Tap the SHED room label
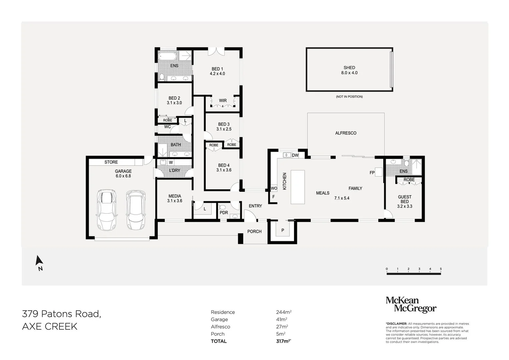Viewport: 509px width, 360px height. [349, 67]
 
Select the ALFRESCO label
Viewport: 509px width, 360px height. [346, 133]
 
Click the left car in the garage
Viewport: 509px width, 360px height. [107, 210]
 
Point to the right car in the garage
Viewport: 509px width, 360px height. [136, 210]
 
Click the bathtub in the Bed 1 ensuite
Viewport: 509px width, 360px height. [167, 56]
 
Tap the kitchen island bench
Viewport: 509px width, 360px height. [298, 187]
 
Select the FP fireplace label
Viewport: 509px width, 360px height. [372, 173]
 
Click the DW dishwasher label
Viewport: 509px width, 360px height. [295, 155]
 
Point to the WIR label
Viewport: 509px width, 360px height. [223, 100]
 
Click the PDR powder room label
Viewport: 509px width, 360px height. [224, 213]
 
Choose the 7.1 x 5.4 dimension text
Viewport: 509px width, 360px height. [342, 198]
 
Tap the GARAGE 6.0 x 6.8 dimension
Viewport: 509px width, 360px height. [123, 176]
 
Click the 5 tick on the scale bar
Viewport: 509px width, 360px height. [441, 269]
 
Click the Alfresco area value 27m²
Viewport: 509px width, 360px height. [282, 327]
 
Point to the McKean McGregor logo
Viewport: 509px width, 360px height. [411, 305]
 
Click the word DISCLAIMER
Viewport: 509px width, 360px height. [397, 324]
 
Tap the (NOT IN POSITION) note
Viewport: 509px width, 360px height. [349, 97]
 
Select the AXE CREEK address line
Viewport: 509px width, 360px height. [50, 326]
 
